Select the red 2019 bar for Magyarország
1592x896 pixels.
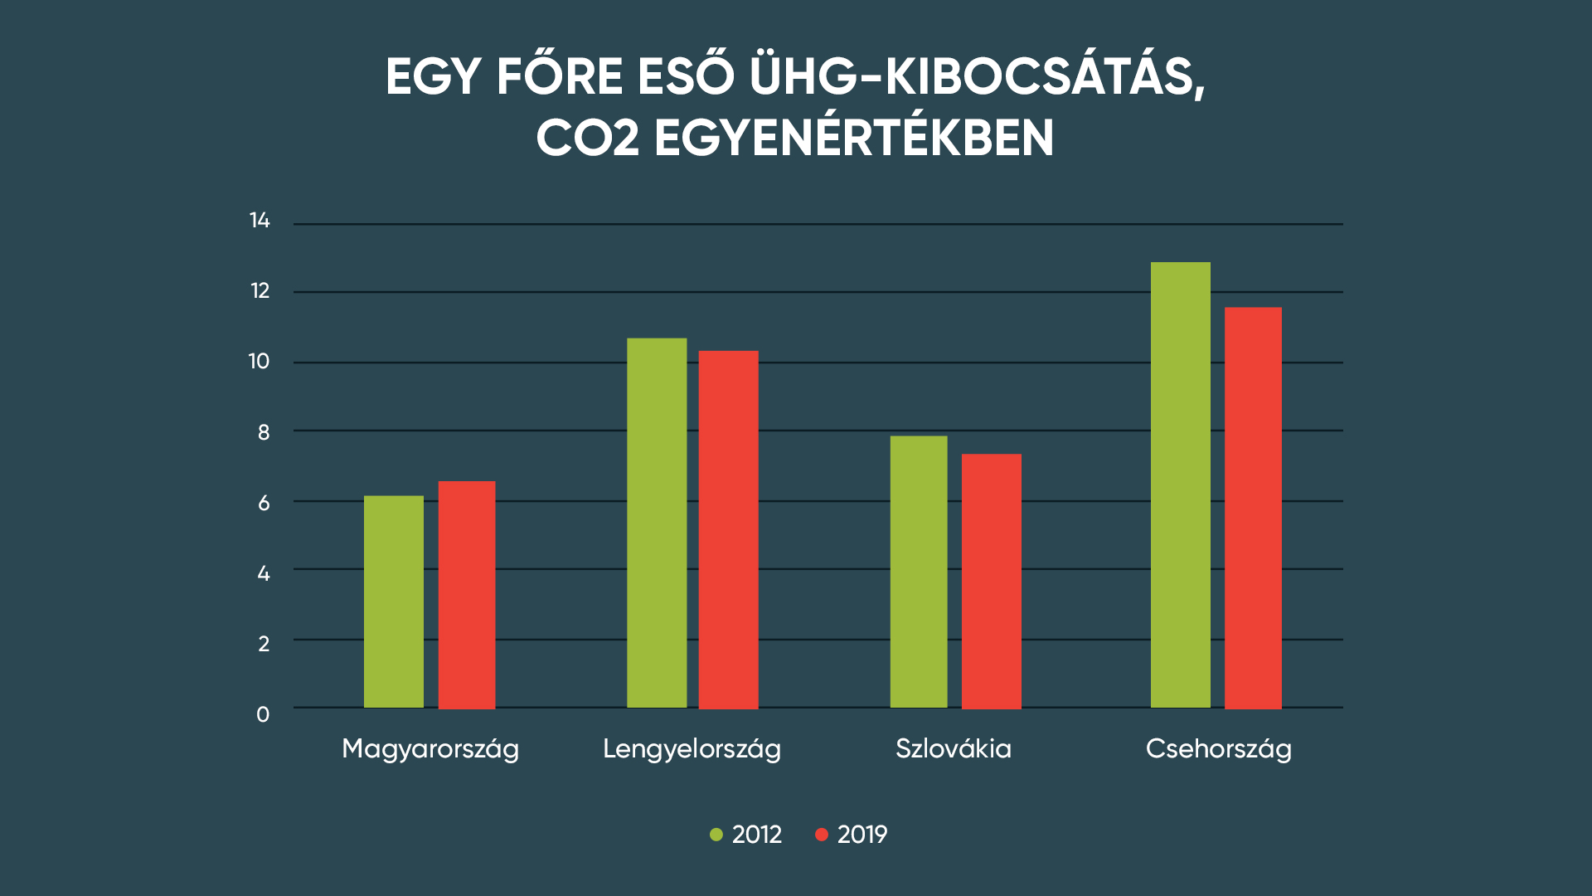pos(467,595)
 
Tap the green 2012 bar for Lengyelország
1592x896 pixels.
pos(657,523)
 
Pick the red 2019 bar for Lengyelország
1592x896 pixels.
pos(728,529)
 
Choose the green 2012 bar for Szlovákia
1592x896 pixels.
pos(919,572)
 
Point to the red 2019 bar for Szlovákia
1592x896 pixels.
pos(992,581)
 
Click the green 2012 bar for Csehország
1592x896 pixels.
pos(1181,485)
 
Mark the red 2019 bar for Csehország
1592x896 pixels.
pos(1253,508)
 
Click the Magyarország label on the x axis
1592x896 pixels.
pos(430,749)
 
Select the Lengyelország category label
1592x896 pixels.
pos(692,749)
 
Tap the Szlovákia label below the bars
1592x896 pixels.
pos(954,749)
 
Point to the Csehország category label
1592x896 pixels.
pos(1218,749)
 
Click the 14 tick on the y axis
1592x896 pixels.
pos(260,221)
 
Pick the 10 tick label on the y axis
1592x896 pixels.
pos(260,362)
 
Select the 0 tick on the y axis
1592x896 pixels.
pos(263,714)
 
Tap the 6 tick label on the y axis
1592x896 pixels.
pos(264,503)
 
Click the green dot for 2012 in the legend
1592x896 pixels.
pos(716,835)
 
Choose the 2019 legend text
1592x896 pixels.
pos(862,835)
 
